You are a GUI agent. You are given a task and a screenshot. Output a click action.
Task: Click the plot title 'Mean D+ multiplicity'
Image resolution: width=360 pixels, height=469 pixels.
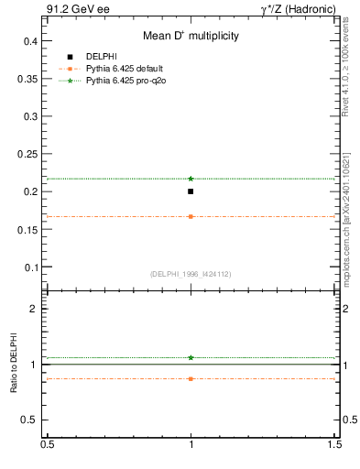[x=190, y=37]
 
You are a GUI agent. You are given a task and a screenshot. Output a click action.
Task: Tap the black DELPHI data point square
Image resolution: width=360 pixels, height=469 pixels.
[x=191, y=191]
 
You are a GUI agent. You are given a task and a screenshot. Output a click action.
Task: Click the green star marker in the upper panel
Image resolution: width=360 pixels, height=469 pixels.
[x=191, y=179]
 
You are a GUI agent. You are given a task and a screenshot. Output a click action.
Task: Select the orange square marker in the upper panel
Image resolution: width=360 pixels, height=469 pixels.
[x=191, y=216]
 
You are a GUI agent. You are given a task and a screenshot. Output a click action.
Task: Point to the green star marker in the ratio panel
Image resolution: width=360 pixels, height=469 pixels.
[x=191, y=357]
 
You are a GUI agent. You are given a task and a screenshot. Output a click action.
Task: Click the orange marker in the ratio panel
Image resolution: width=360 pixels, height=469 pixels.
[x=191, y=378]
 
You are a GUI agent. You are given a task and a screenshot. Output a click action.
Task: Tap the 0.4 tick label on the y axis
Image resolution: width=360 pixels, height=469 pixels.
[x=30, y=41]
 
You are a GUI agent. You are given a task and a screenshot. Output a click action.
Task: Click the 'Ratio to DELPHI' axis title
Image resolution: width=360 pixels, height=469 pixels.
[x=12, y=364]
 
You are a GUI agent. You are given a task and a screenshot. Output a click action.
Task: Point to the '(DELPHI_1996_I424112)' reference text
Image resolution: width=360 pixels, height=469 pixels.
[x=191, y=274]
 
